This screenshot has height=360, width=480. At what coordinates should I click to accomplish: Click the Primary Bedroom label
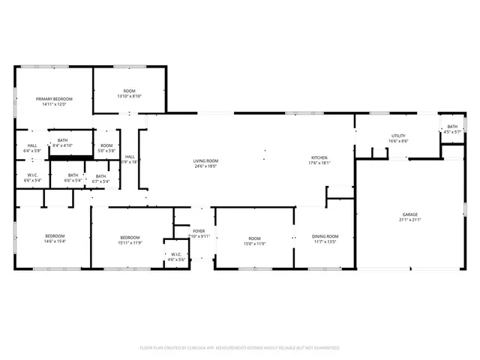coord(53,98)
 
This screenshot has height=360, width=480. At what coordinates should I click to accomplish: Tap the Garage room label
coord(409,214)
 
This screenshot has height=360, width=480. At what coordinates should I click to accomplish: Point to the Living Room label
coord(205,160)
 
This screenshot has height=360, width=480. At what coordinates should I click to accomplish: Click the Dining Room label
coord(325,236)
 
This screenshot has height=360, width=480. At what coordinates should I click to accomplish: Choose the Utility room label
coord(398,136)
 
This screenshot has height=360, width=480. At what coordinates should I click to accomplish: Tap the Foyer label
coord(199,231)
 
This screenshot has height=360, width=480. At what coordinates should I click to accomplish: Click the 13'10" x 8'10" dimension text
coord(129,96)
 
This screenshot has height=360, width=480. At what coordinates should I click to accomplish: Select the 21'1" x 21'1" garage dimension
coord(409,220)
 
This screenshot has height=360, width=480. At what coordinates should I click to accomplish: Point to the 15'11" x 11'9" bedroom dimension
coord(130,242)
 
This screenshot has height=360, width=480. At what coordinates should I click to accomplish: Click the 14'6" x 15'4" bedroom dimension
coord(55,241)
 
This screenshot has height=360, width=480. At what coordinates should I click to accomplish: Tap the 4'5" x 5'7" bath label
coord(452,132)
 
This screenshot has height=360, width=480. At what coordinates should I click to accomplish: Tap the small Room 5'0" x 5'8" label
coord(106,148)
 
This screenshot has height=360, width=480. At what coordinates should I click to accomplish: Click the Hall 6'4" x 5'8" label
coord(32,148)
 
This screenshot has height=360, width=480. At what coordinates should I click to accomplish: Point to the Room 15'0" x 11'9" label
coord(255,239)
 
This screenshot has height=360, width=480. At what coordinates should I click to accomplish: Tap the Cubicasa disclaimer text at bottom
coord(240,348)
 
